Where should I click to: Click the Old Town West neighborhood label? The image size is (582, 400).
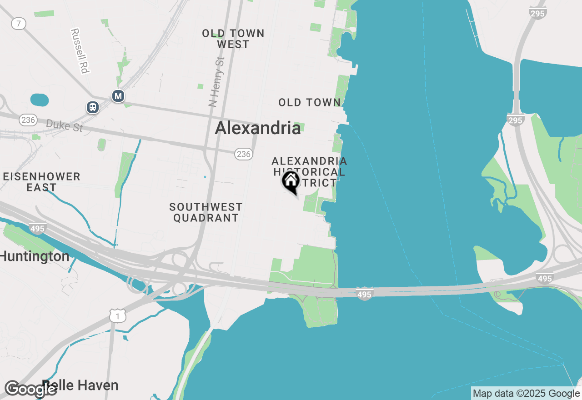(233, 39)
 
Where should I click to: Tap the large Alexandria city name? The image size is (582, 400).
(258, 128)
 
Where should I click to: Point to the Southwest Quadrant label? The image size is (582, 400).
(206, 212)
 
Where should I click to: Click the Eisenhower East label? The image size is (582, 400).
(41, 181)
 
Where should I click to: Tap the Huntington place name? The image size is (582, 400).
(35, 256)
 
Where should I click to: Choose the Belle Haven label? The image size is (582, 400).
(80, 385)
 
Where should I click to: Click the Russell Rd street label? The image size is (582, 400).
(79, 51)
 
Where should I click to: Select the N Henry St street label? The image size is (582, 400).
(217, 81)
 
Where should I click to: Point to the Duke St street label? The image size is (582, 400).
(65, 125)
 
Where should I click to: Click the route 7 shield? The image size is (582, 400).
(18, 24)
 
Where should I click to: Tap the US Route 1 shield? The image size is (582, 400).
(117, 315)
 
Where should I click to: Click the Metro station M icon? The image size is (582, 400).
(118, 96)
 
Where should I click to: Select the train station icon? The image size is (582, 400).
(93, 107)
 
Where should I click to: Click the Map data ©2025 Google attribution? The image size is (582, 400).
(526, 394)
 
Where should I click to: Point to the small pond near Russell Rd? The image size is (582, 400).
(39, 100)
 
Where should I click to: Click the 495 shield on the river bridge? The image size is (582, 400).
(364, 294)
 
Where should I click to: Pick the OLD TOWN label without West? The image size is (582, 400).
(309, 102)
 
